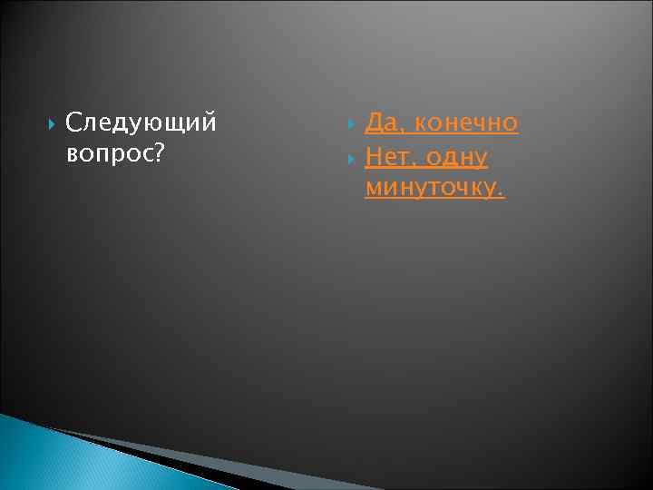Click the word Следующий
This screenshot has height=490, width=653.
141,122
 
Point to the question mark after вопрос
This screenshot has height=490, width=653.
159,155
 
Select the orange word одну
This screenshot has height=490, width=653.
456,158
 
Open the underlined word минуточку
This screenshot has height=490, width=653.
433,189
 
